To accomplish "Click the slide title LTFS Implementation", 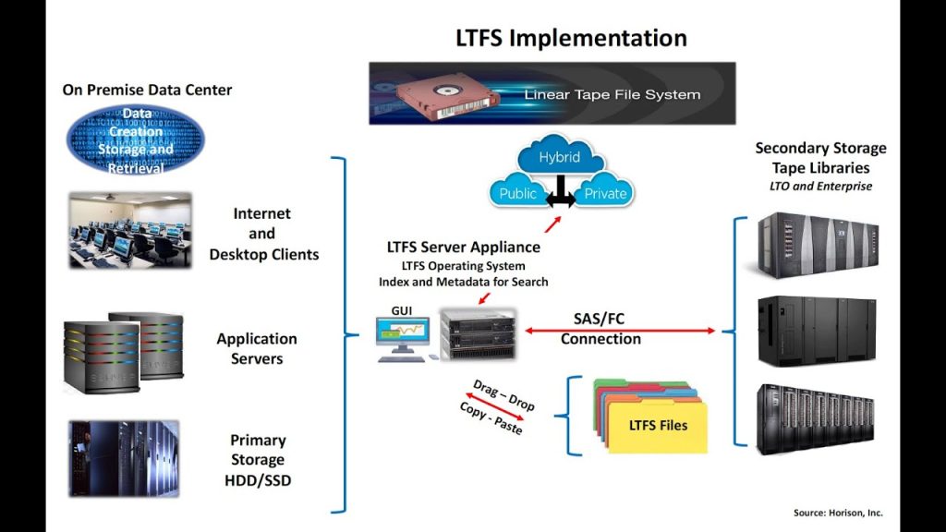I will coord(571,38).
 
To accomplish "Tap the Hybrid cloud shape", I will coord(559,158).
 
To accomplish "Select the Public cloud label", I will coord(517,194).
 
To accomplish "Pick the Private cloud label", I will coord(605,194).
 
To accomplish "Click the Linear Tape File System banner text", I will coord(612,94).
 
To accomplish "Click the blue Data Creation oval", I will coord(136,140).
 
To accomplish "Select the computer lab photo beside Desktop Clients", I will coord(130,230).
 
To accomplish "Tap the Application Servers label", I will coord(257,348).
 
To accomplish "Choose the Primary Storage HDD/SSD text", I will coord(258,460).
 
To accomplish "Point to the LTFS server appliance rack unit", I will coord(478,333).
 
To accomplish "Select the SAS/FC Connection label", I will coord(600,329).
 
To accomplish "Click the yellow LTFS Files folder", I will coord(657,426).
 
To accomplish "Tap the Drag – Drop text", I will coord(503,394).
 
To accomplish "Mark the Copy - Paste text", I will coord(491,418).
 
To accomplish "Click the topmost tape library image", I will coord(814,245).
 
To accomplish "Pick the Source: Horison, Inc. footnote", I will coord(838,513).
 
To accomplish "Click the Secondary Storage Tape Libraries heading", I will coord(820,159).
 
